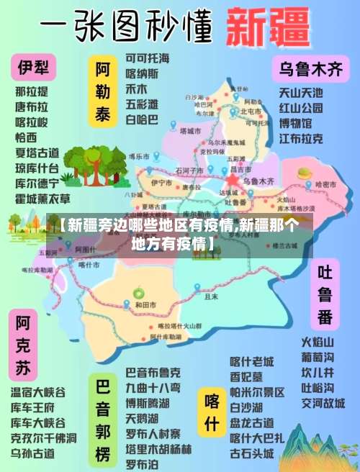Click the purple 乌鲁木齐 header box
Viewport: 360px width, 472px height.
(x=310, y=70)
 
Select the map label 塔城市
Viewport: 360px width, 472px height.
(x=192, y=131)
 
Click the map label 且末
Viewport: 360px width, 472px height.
(x=211, y=296)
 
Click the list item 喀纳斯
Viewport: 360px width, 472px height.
(x=142, y=74)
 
